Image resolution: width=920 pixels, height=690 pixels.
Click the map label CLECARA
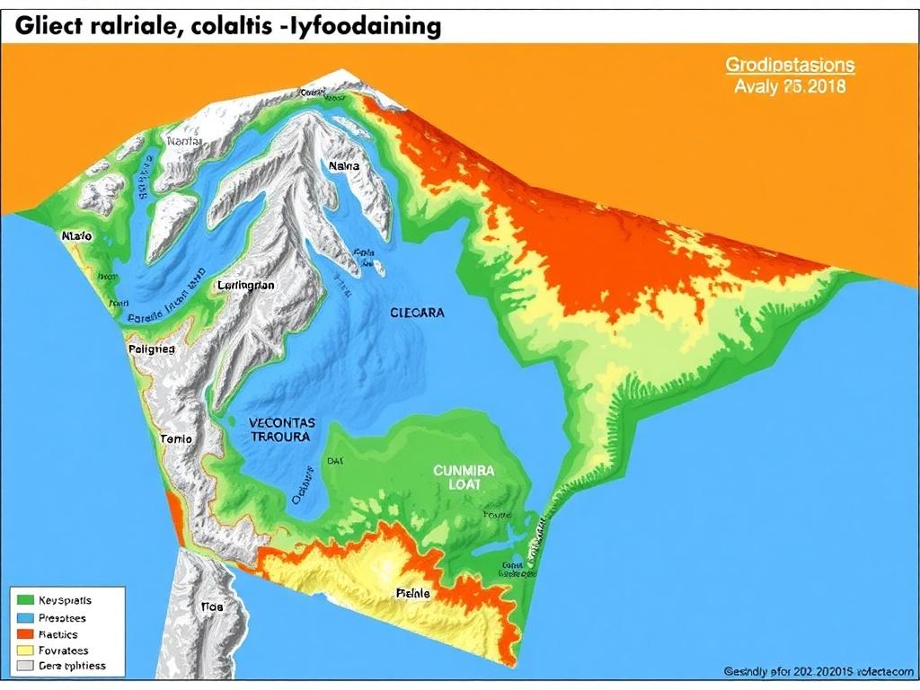click(417, 314)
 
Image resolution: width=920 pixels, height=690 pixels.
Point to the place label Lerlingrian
click(246, 285)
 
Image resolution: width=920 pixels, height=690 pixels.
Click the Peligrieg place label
click(153, 349)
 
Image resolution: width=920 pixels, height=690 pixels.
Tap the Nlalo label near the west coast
click(76, 235)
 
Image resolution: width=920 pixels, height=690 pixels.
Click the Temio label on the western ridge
click(176, 439)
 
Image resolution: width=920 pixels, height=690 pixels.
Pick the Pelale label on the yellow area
click(412, 593)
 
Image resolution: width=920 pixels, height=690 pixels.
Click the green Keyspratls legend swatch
click(24, 600)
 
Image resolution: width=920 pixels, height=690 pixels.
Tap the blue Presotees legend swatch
click(24, 617)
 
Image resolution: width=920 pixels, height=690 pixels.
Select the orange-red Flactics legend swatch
click(24, 633)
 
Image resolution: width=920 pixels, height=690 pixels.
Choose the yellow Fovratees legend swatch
click(24, 650)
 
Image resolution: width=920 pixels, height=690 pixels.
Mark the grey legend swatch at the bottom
click(24, 666)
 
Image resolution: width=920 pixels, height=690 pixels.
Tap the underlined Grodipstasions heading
click(790, 66)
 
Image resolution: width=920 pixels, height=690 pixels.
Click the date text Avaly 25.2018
click(790, 87)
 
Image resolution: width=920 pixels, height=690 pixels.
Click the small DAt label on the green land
click(334, 460)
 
